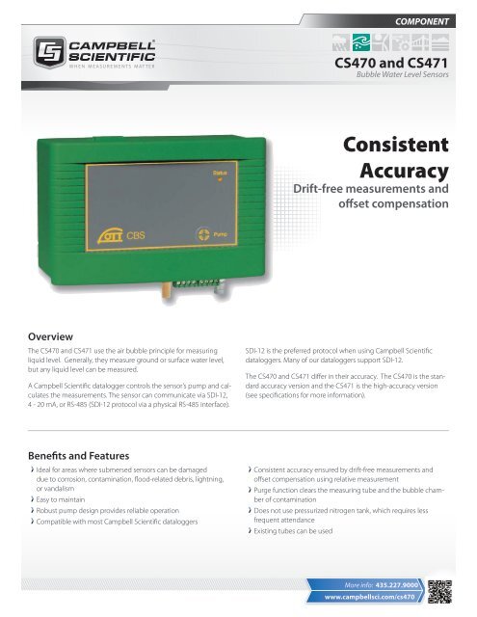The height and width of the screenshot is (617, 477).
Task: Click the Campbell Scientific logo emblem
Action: click(47, 51)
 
